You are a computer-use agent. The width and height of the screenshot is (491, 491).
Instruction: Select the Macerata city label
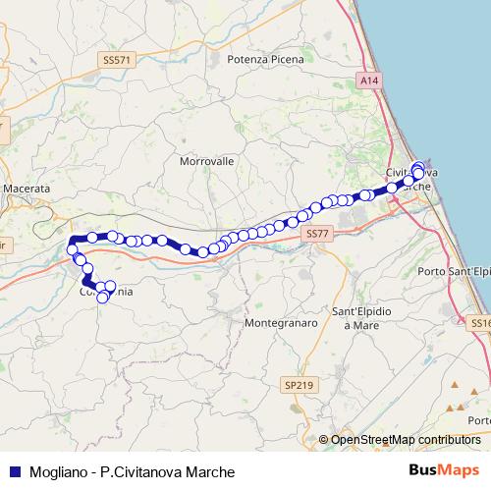click(x=27, y=187)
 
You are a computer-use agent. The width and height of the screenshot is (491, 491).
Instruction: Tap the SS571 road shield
click(x=116, y=60)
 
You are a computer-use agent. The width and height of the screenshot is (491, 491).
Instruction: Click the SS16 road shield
click(x=480, y=322)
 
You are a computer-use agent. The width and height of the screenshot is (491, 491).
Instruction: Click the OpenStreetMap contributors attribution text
click(x=405, y=440)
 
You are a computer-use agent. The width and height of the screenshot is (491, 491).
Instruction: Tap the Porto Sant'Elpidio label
click(x=454, y=271)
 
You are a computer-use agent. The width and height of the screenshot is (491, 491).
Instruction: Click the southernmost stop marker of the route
click(x=103, y=297)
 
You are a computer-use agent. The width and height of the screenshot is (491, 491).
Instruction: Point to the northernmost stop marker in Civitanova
click(x=418, y=167)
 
